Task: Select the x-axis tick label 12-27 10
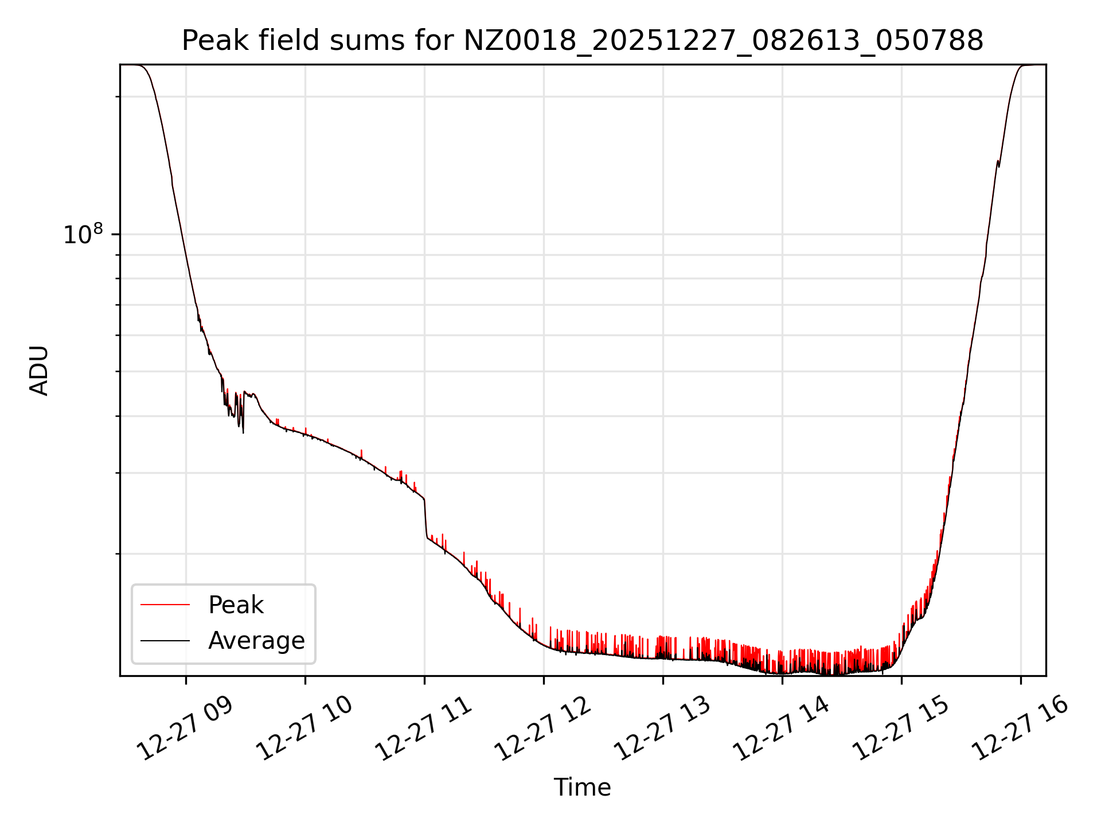pyautogui.click(x=305, y=728)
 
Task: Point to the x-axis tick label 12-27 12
pyautogui.click(x=544, y=728)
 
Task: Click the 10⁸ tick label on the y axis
pyautogui.click(x=83, y=234)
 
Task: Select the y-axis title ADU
pyautogui.click(x=39, y=371)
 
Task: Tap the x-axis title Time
pyautogui.click(x=582, y=788)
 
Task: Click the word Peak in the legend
pyautogui.click(x=236, y=605)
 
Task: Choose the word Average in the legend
pyautogui.click(x=256, y=641)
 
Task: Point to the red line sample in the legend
pyautogui.click(x=165, y=605)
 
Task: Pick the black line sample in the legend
pyautogui.click(x=165, y=640)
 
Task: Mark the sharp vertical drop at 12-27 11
pyautogui.click(x=425, y=519)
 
